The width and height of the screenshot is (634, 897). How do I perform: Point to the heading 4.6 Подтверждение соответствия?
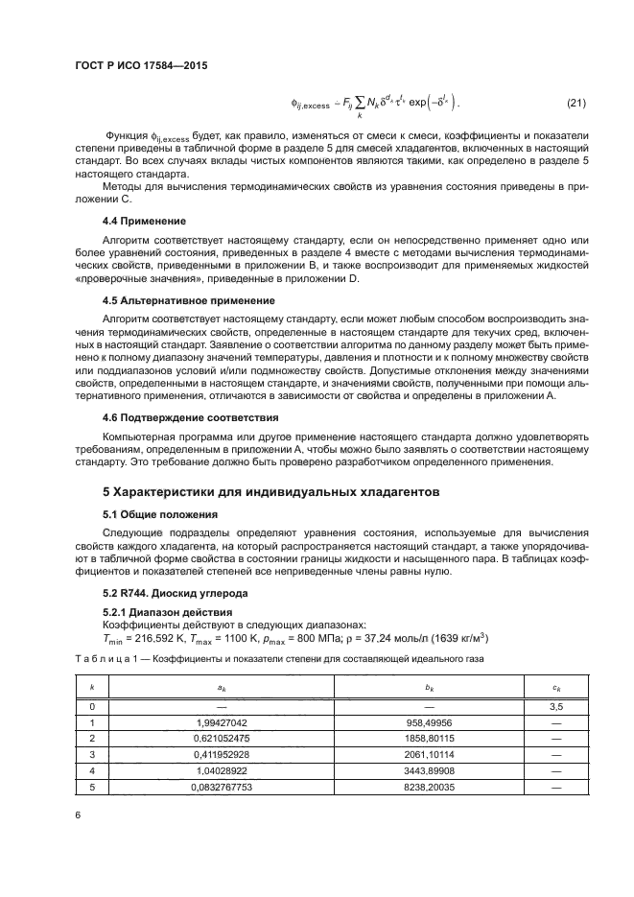[x=176, y=417]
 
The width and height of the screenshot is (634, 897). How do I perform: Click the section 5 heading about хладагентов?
[x=271, y=492]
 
